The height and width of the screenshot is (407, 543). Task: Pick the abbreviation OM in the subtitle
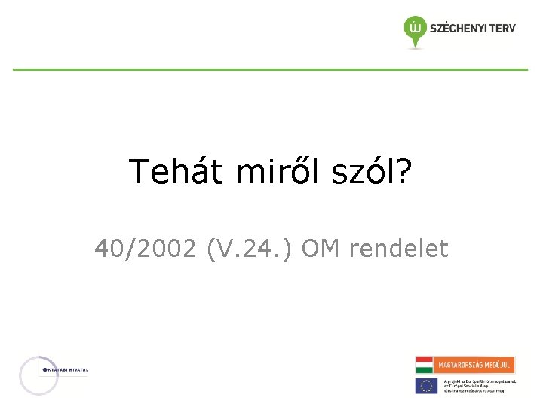click(x=321, y=248)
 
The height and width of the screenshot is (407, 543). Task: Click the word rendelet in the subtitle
click(x=397, y=248)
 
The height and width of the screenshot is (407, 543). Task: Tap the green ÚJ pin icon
click(x=414, y=29)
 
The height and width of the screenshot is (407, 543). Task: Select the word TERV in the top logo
click(x=502, y=29)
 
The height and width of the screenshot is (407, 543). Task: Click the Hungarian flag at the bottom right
click(x=425, y=365)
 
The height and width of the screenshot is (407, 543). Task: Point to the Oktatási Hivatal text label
click(x=68, y=369)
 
